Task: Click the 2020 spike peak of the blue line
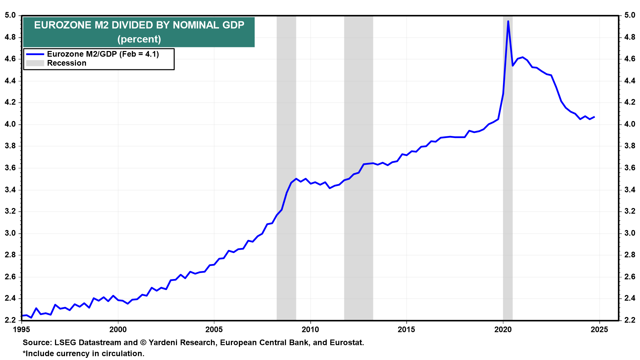tap(508, 21)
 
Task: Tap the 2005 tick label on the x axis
tap(214, 330)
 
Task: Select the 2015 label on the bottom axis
tap(407, 330)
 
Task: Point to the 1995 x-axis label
tap(22, 330)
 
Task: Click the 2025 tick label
tap(599, 330)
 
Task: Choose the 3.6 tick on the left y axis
tap(10, 168)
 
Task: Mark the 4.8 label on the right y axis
tap(630, 37)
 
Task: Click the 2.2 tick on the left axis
tap(10, 320)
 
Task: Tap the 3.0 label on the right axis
tap(630, 233)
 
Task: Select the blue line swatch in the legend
tap(35, 54)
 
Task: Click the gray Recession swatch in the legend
tap(35, 63)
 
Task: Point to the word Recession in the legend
tap(67, 63)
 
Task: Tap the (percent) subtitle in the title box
tap(139, 39)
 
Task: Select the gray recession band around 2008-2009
tap(286, 168)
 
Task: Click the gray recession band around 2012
tap(359, 168)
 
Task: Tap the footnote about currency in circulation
tap(83, 354)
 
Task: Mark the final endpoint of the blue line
tap(594, 117)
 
